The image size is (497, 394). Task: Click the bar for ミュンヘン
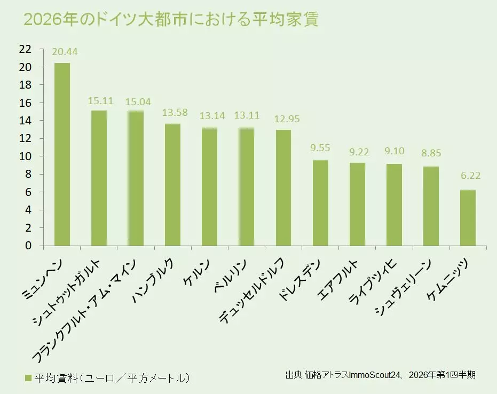tap(62, 154)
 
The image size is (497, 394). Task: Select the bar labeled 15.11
tap(99, 178)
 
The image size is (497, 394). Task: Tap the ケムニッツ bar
tap(468, 218)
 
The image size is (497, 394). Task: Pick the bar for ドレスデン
tap(320, 203)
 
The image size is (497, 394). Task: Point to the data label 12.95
tap(283, 119)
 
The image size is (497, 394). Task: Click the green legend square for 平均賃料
tap(28, 378)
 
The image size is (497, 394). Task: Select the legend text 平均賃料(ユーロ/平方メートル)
tap(112, 378)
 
